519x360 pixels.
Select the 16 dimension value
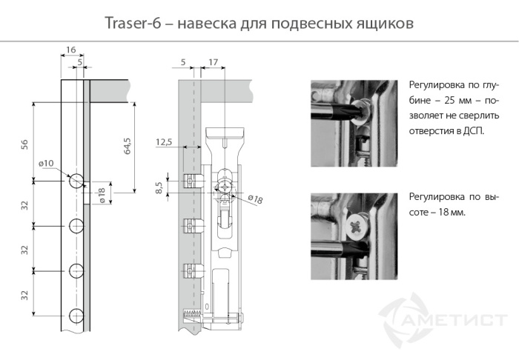[x=71, y=50]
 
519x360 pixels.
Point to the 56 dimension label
[x=24, y=144]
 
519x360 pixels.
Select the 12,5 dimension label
[x=165, y=141]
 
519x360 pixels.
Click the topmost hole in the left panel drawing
[x=76, y=181]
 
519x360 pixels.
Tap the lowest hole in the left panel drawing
[x=76, y=316]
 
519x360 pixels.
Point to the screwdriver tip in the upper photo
[x=354, y=111]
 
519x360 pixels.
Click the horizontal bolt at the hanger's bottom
[x=222, y=320]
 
